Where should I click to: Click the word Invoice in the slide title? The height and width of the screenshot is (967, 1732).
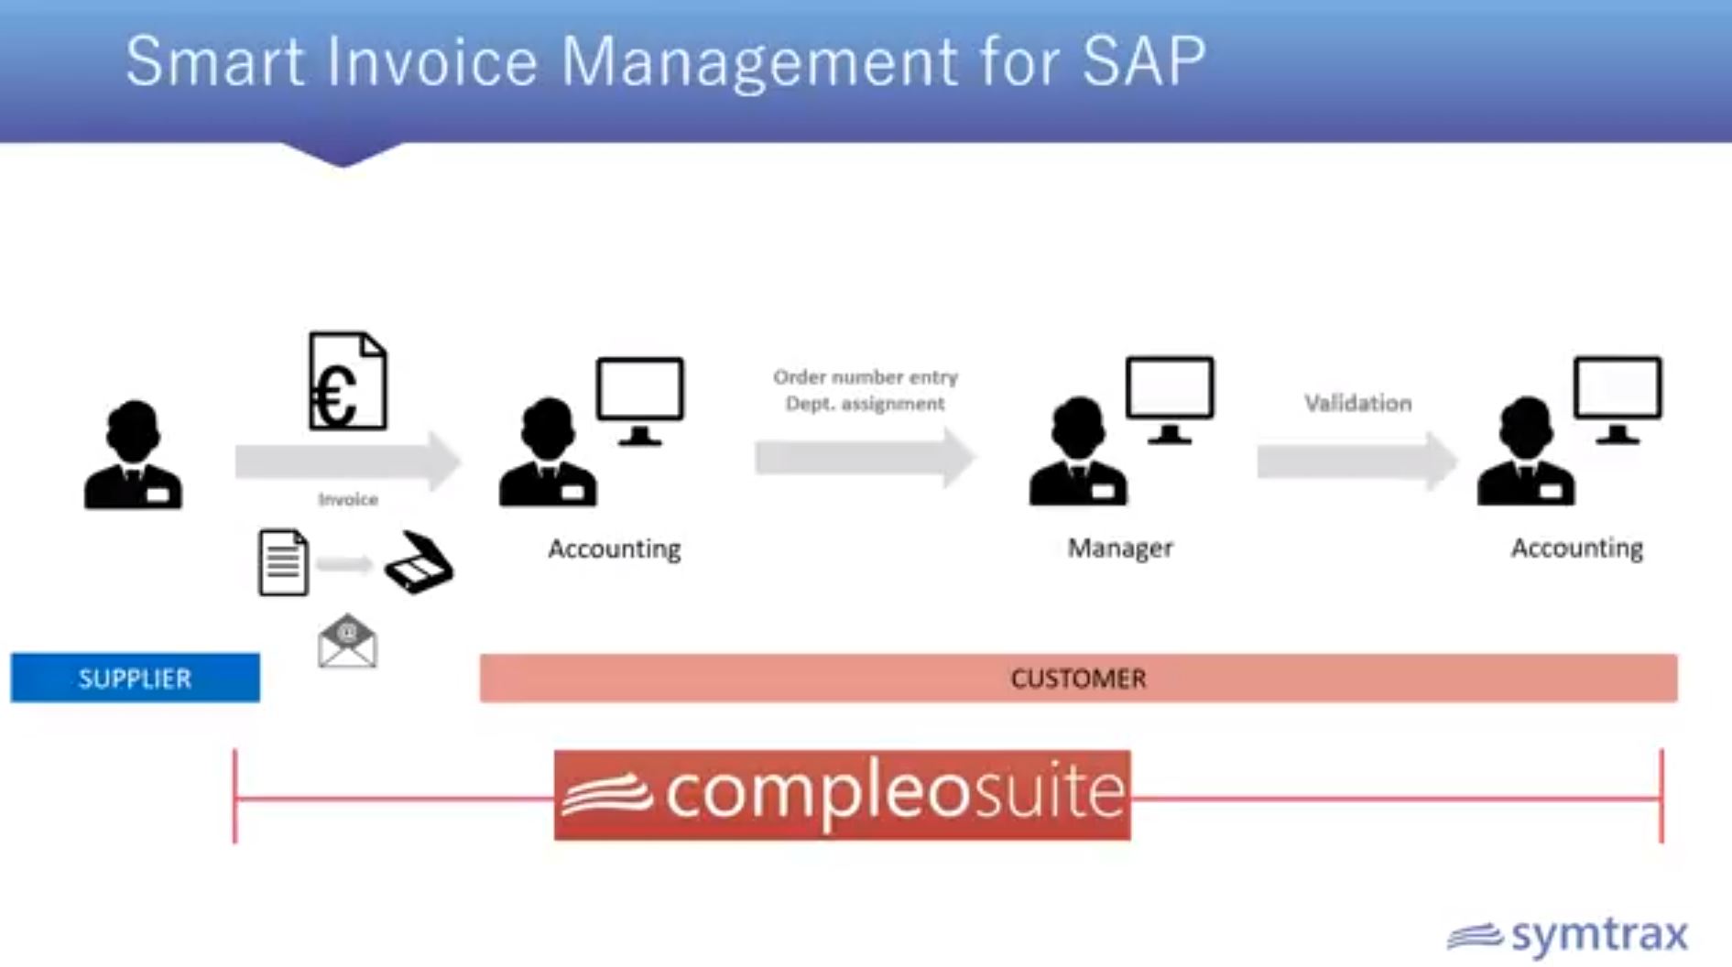pyautogui.click(x=430, y=61)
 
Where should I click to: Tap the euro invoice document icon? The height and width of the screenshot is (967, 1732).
pyautogui.click(x=348, y=381)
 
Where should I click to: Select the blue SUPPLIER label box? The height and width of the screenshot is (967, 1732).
pyautogui.click(x=136, y=678)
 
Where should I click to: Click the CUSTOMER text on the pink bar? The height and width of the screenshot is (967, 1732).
pyautogui.click(x=1078, y=679)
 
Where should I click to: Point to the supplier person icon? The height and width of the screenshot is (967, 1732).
pyautogui.click(x=133, y=454)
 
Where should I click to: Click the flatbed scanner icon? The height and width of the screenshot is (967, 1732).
pyautogui.click(x=419, y=562)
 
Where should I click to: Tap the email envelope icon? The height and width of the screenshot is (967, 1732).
pyautogui.click(x=347, y=641)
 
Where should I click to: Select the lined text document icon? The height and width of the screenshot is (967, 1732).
pyautogui.click(x=283, y=562)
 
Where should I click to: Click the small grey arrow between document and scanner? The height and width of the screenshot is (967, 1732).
pyautogui.click(x=344, y=563)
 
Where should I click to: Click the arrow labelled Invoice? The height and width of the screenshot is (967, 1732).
pyautogui.click(x=348, y=461)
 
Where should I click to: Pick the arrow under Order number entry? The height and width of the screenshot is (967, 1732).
pyautogui.click(x=866, y=457)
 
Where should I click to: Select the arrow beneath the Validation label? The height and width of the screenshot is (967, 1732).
pyautogui.click(x=1357, y=461)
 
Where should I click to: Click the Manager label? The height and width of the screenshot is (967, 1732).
pyautogui.click(x=1120, y=548)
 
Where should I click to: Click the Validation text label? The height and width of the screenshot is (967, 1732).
pyautogui.click(x=1358, y=403)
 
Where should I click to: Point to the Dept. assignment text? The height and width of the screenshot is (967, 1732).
pyautogui.click(x=865, y=404)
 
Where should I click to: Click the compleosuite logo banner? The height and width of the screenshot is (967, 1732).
pyautogui.click(x=843, y=795)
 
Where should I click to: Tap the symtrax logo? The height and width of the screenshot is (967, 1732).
pyautogui.click(x=1568, y=936)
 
